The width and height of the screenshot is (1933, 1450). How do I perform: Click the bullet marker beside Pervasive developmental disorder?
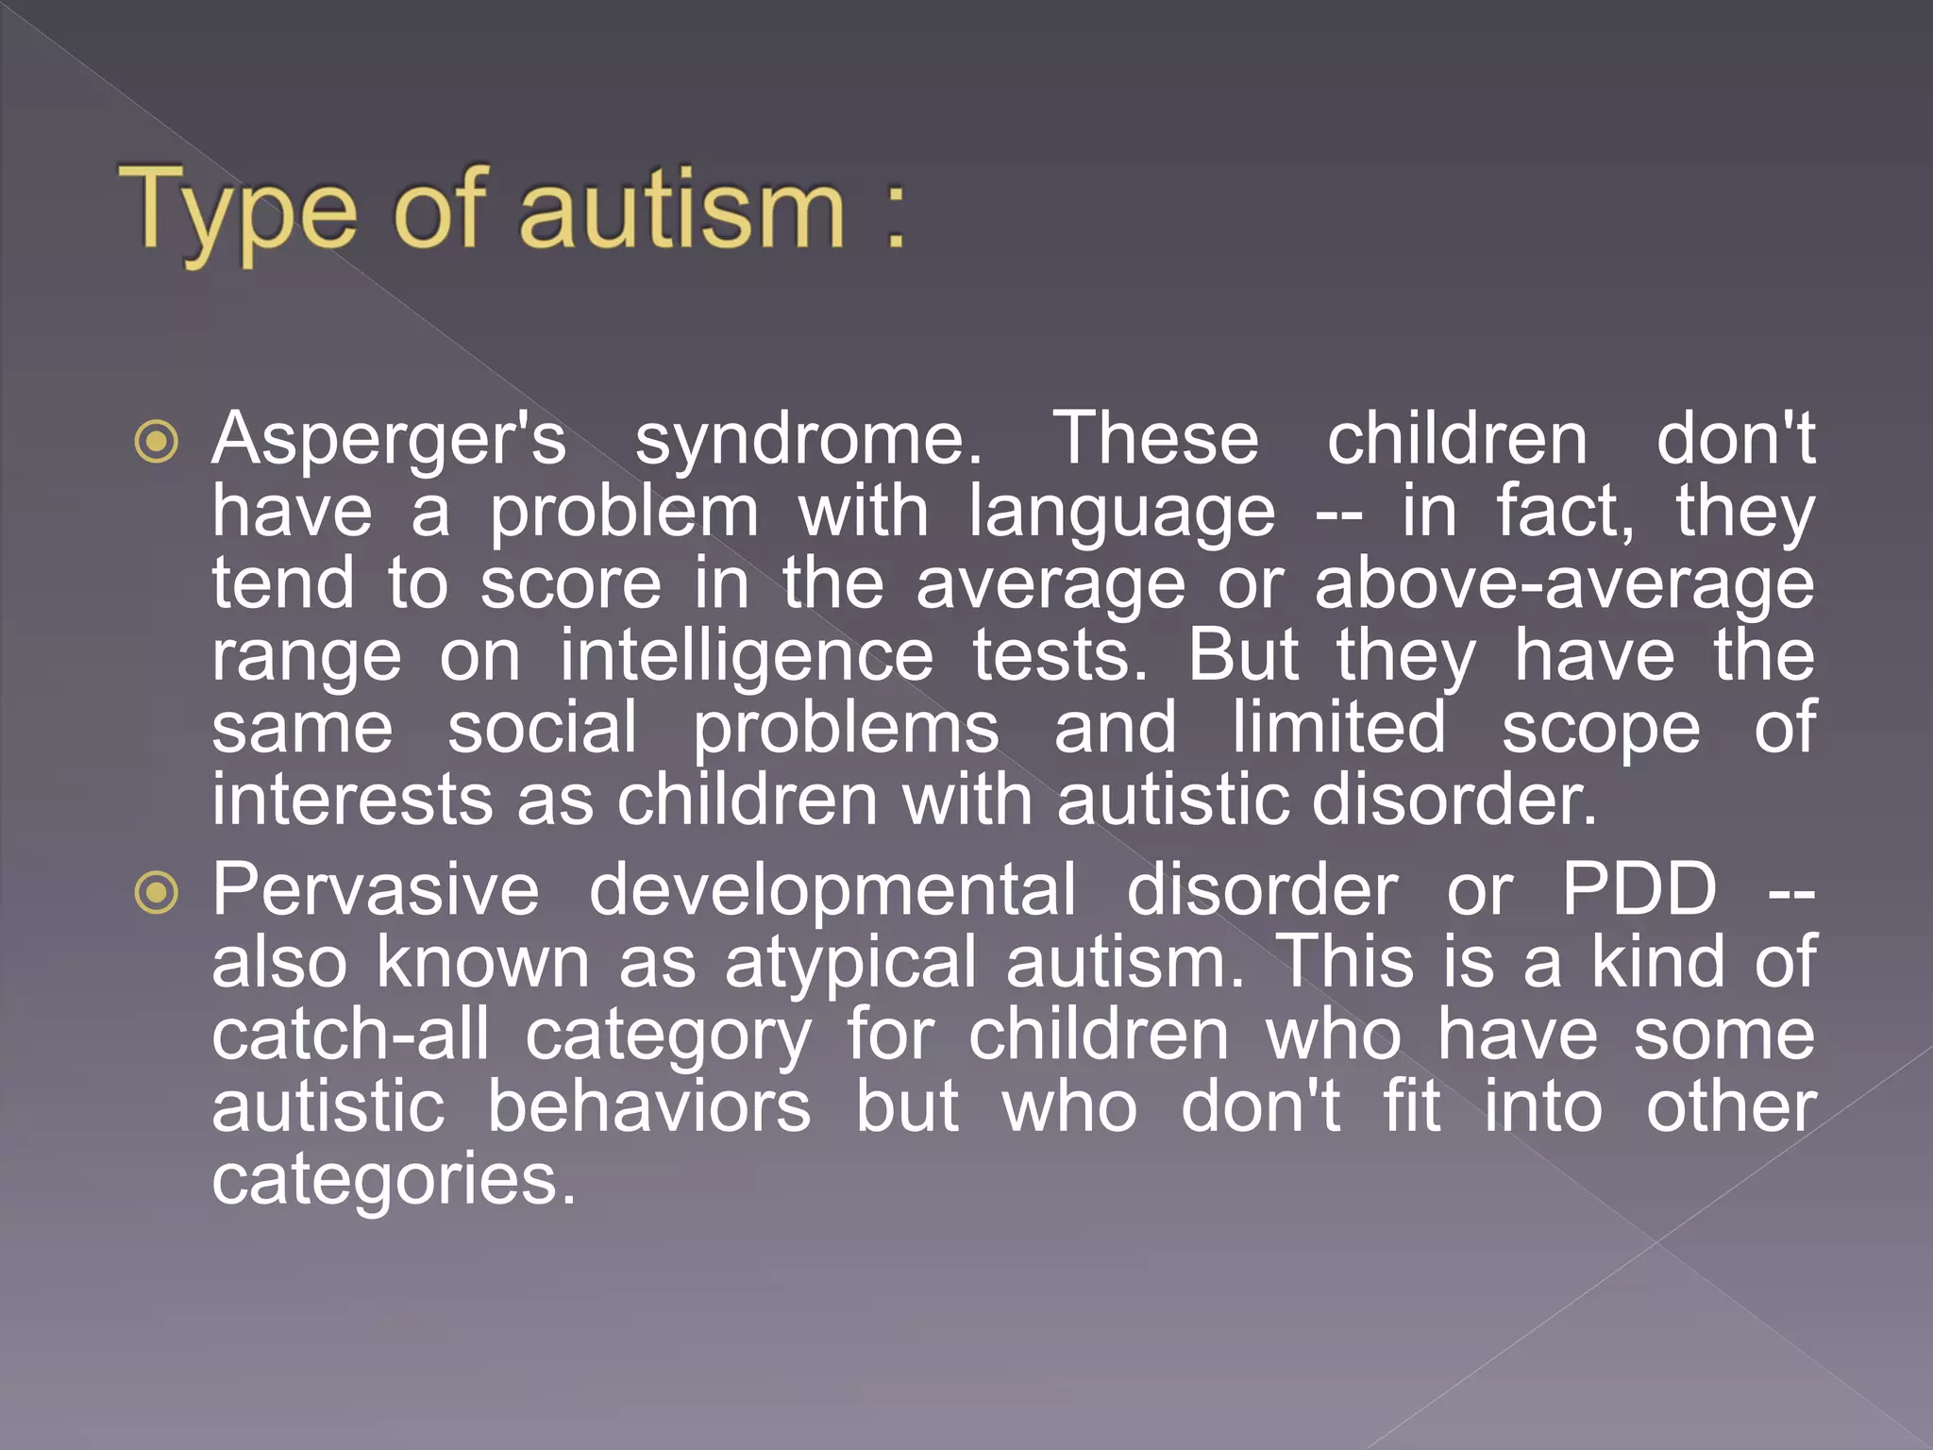click(x=157, y=892)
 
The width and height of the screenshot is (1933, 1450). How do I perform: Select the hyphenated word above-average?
click(x=1564, y=585)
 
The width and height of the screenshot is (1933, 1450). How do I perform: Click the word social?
click(x=543, y=729)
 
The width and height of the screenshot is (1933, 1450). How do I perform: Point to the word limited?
click(x=1339, y=729)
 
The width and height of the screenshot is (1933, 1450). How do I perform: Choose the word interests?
click(x=352, y=801)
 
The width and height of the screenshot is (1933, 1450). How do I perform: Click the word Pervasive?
click(x=376, y=890)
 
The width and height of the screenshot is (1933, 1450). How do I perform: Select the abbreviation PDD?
click(x=1639, y=890)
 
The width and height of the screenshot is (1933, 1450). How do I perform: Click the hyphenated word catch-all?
click(x=350, y=1036)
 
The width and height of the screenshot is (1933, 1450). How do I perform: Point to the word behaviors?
click(x=648, y=1107)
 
